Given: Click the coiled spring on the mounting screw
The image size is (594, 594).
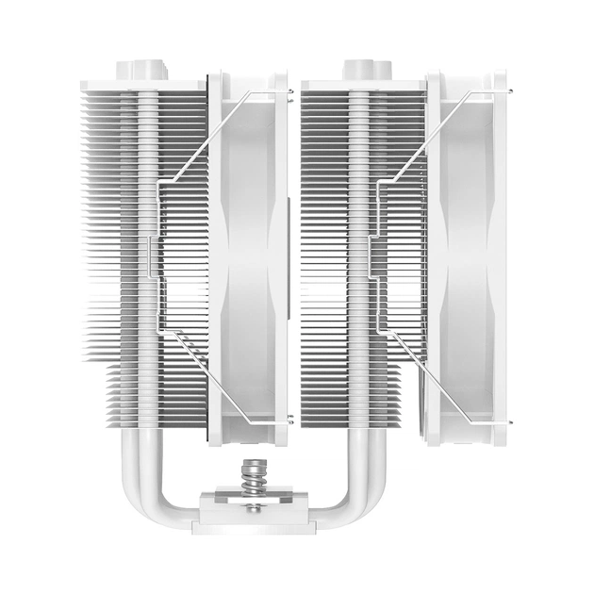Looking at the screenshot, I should click(x=253, y=476).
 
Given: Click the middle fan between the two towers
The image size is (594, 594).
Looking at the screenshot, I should click(x=247, y=255).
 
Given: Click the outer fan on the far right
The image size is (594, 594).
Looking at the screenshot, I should click(x=466, y=255).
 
